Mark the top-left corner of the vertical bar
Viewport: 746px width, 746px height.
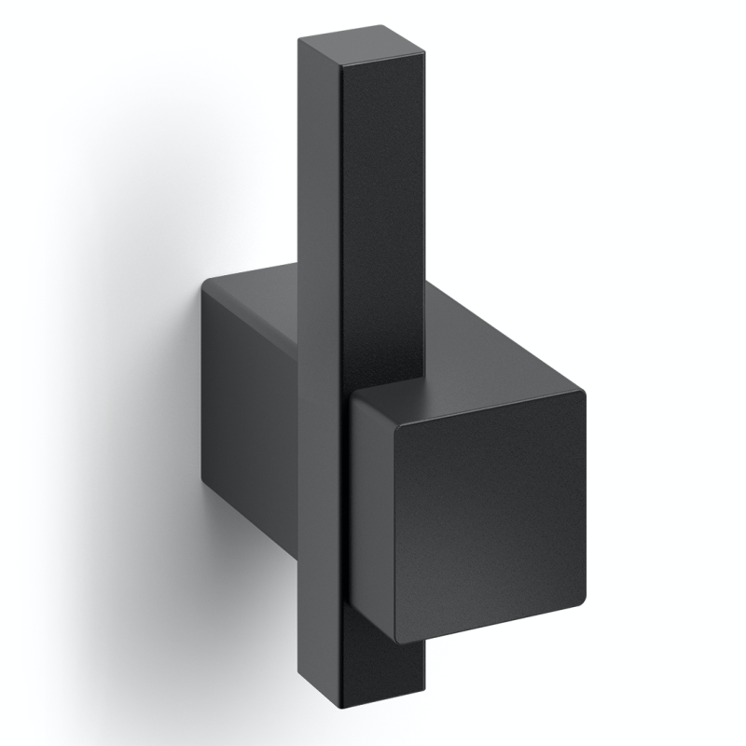[x=299, y=41]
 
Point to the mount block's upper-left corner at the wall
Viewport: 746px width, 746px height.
[x=204, y=284]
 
